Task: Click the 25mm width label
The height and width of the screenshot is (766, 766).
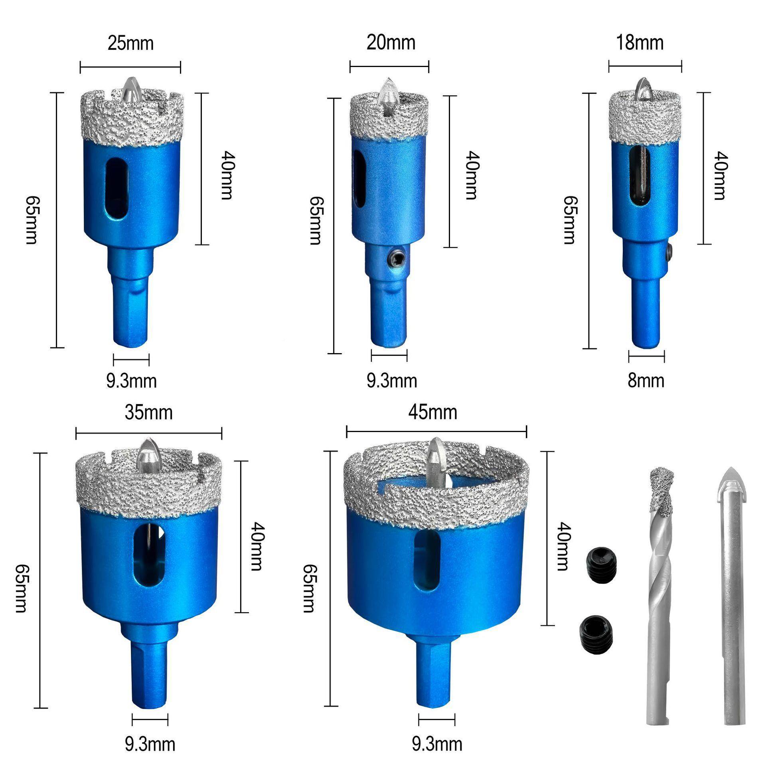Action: click(130, 43)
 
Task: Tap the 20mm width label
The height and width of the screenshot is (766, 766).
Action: click(391, 42)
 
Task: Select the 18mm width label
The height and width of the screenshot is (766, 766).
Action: click(640, 43)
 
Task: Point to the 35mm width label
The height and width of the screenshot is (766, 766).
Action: click(148, 413)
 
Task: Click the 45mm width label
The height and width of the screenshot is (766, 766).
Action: click(432, 412)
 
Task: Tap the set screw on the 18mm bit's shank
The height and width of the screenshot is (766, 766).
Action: click(670, 252)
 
